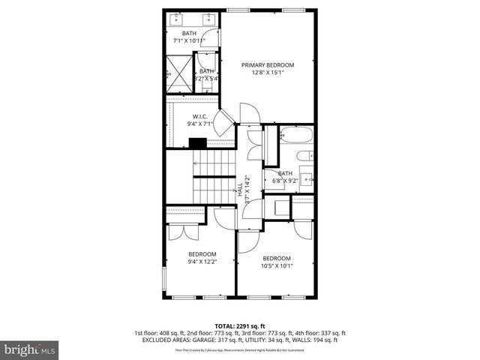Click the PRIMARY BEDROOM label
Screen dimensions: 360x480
click(x=268, y=65)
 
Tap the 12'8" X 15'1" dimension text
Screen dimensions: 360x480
click(x=268, y=73)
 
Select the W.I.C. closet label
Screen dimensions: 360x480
click(x=199, y=116)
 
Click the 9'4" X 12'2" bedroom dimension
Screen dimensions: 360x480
click(x=202, y=262)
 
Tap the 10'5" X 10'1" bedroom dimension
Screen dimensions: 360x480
click(x=277, y=265)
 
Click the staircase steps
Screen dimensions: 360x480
click(x=214, y=174)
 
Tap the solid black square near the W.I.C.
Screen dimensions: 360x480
click(x=198, y=143)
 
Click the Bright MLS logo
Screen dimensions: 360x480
click(x=30, y=349)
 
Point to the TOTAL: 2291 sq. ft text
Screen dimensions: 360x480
click(x=239, y=326)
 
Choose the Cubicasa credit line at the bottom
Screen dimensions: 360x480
click(x=239, y=349)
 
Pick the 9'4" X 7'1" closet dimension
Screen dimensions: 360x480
click(x=199, y=124)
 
